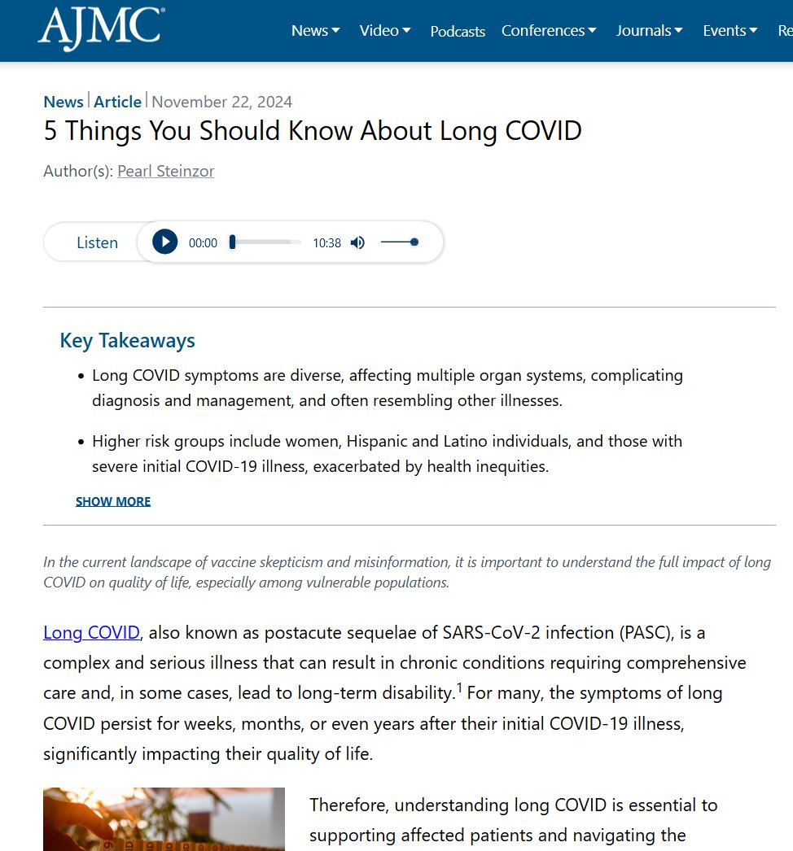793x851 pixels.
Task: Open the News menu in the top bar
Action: tap(315, 31)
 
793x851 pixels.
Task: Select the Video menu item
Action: tap(385, 31)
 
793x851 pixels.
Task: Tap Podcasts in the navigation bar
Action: tap(458, 32)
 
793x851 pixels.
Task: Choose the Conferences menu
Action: tap(549, 31)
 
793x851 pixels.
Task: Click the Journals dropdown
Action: tap(649, 31)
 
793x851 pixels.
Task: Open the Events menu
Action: tap(729, 31)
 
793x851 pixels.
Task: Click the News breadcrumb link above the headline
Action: tap(64, 102)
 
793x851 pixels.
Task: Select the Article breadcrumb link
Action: tap(118, 102)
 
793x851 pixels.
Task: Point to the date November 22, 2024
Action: tap(222, 102)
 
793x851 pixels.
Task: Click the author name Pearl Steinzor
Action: tap(166, 172)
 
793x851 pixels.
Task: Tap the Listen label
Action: tap(97, 242)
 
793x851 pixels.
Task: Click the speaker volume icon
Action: tap(357, 242)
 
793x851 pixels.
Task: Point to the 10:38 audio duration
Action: tap(327, 243)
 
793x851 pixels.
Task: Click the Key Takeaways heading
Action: tap(128, 340)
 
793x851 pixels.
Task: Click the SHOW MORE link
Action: tap(113, 501)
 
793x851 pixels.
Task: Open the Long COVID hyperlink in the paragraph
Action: tap(92, 632)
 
